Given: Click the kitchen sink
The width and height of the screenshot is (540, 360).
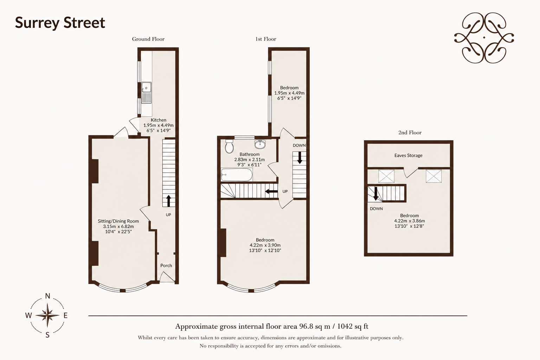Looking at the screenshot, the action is (146, 92).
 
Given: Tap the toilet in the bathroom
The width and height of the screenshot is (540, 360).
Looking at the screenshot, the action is (229, 146).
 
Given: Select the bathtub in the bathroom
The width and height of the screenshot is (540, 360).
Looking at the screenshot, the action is (237, 175).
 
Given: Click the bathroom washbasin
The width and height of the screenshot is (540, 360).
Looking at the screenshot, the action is (260, 144).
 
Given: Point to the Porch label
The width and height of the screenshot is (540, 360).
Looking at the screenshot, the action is (166, 265).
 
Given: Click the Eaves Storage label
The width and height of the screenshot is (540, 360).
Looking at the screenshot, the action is (409, 155).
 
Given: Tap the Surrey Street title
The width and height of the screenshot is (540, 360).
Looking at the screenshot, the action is (60, 23).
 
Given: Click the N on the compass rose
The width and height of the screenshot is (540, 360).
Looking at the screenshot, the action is (47, 296).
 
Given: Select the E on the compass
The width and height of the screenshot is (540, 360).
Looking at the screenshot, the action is (65, 315).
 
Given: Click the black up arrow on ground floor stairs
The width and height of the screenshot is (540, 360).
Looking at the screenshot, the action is (168, 201).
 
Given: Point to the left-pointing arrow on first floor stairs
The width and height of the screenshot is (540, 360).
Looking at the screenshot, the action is (271, 192).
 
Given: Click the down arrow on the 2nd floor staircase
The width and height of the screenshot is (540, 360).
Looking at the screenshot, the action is (376, 194).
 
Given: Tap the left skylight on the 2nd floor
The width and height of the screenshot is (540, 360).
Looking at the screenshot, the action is (386, 176).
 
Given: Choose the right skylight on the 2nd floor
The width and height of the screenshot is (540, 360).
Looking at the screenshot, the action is (433, 176).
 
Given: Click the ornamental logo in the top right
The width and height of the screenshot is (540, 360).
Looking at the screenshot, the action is (484, 38).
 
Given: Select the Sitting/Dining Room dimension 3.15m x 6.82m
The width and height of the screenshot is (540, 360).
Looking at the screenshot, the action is (118, 226).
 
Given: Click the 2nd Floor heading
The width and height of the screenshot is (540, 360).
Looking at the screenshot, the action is (410, 133).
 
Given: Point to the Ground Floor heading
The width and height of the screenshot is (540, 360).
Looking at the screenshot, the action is (148, 39).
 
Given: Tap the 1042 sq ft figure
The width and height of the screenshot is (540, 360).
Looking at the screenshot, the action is (353, 326).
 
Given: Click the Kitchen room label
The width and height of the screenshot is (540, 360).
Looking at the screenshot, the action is (159, 120).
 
